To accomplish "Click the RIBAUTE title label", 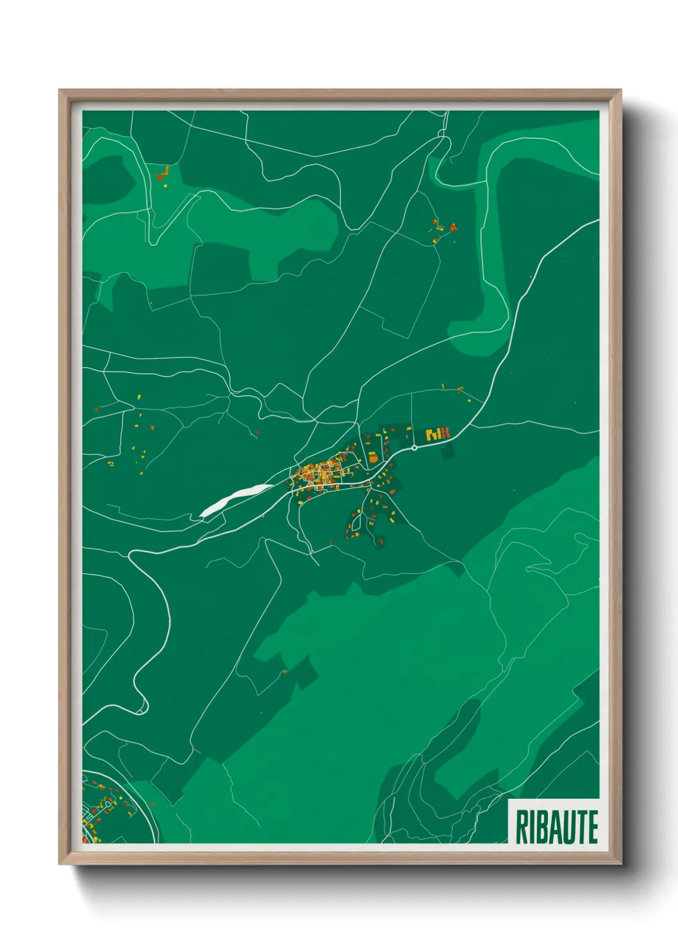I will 556,827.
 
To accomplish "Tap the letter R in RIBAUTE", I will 521,827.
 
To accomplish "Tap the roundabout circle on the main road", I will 415,448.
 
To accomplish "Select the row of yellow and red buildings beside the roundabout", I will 438,434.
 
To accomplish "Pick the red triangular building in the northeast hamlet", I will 453,226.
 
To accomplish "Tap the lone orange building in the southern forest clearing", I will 285,671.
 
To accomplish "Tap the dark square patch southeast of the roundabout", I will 447,451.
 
